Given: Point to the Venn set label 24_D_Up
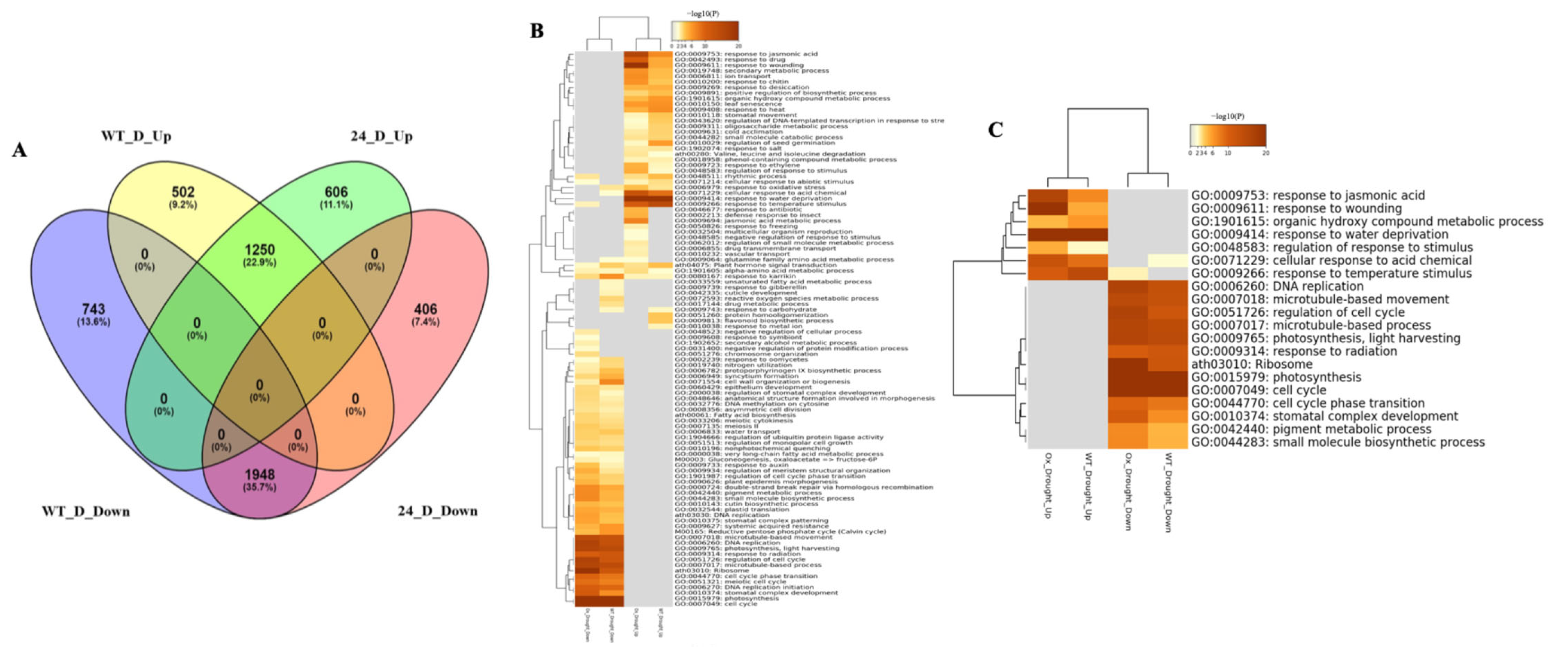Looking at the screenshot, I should coord(381,136).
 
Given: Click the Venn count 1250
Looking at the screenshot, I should coord(260,250).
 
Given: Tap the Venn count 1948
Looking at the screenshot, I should coord(260,474).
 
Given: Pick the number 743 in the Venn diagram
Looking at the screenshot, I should coord(94,309).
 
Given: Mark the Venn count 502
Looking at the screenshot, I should coord(183,192).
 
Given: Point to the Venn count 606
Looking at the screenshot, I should coord(336,192).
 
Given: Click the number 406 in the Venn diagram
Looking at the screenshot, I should coord(425,309).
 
